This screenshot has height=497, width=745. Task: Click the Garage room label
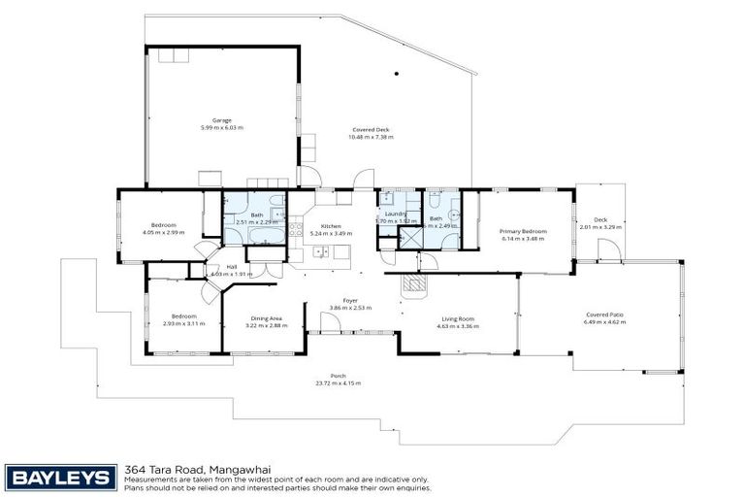point(222,121)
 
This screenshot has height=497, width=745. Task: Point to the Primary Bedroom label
point(523,232)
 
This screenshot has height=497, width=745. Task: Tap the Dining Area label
point(267,318)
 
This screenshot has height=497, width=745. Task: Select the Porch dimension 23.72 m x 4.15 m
point(338,383)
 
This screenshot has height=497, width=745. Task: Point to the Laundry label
point(395,215)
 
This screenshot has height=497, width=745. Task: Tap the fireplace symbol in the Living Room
point(414,282)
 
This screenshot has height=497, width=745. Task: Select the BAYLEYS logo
point(60,476)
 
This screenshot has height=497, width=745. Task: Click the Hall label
point(232,267)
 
